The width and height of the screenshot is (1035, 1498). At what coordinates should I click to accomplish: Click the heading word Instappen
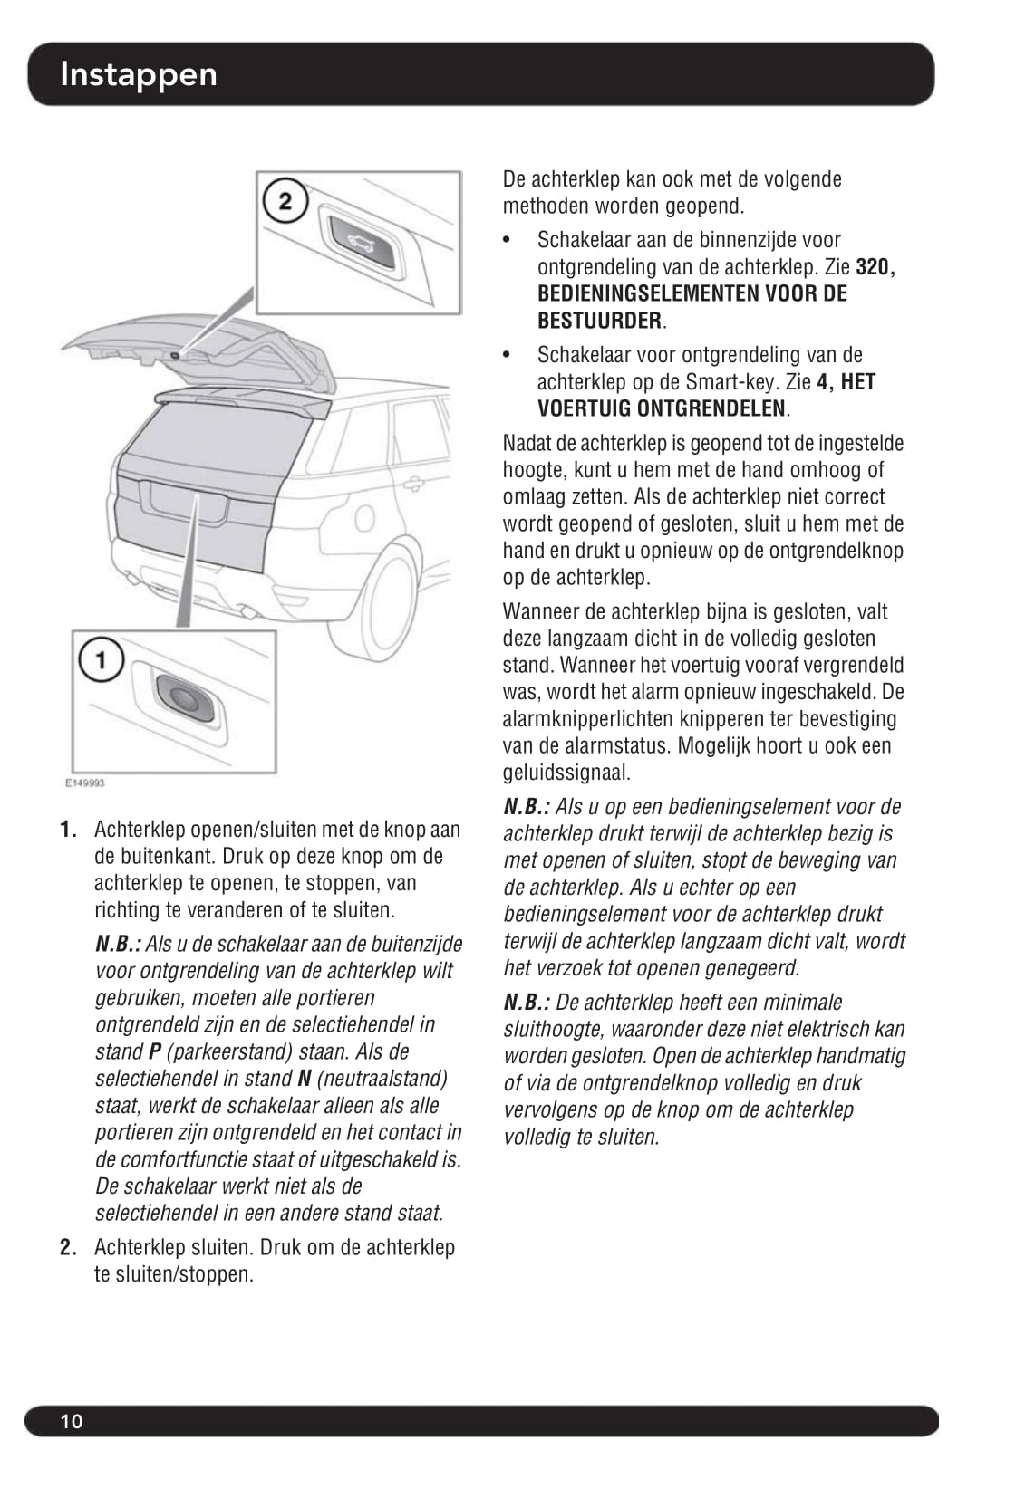tap(138, 74)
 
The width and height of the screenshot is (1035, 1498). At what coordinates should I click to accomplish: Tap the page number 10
tap(71, 1421)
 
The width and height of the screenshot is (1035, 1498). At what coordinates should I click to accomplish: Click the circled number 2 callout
tap(285, 201)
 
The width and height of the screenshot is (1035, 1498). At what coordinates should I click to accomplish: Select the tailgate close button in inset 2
tap(363, 239)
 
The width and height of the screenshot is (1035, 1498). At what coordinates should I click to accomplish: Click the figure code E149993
tap(84, 783)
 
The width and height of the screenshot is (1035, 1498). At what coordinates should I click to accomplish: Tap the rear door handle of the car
tap(413, 485)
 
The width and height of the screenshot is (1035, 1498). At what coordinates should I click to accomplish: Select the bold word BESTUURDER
tap(599, 321)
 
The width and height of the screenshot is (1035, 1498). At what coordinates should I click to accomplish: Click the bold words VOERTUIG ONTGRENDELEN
tap(662, 408)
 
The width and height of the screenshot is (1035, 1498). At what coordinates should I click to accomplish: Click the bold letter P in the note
tap(154, 1052)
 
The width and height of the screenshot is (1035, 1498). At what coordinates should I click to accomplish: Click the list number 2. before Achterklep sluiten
tap(68, 1248)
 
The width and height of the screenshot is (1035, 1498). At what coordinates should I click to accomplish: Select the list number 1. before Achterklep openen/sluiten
tap(68, 830)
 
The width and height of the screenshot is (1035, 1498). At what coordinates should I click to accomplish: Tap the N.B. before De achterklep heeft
tap(527, 1003)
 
